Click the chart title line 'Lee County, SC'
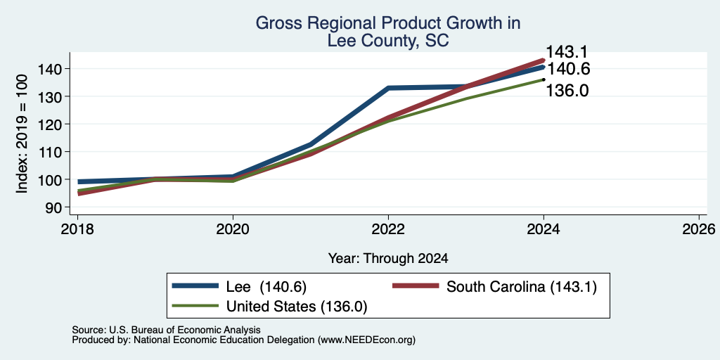[388, 41]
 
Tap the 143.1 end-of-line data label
[567, 52]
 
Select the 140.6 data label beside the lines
[568, 69]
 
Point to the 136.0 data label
[567, 91]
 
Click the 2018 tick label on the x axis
[77, 229]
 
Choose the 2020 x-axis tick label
[233, 229]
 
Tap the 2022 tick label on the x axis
[388, 229]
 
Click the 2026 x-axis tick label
[699, 229]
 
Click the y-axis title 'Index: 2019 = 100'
[22, 134]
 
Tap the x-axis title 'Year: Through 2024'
[388, 259]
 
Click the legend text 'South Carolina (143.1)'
[522, 287]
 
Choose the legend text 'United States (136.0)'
[297, 307]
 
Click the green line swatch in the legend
[195, 306]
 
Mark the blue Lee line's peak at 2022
[388, 88]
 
